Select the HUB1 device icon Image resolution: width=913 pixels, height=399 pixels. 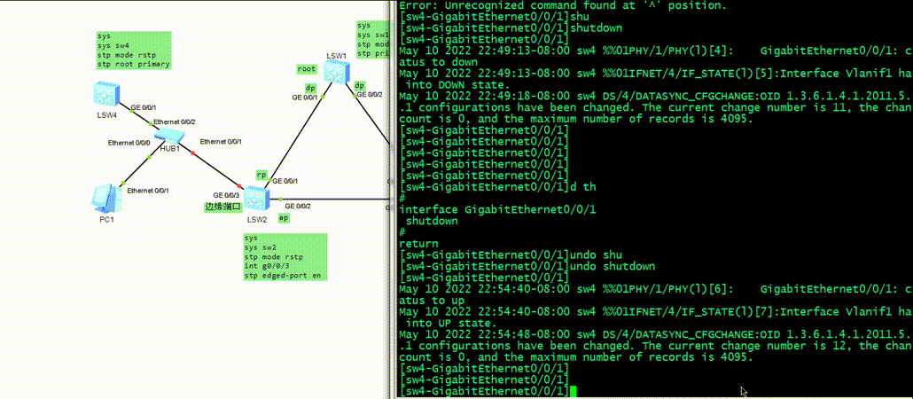pos(169,135)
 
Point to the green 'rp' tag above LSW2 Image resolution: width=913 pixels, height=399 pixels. pos(261,175)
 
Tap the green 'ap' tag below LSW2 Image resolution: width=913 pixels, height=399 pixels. pos(283,217)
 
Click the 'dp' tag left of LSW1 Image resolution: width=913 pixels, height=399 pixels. pos(310,88)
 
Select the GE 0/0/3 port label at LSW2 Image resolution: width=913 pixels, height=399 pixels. pos(226,195)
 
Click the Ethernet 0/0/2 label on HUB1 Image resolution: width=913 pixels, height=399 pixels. pos(175,121)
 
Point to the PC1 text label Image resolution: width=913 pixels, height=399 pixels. pos(106,218)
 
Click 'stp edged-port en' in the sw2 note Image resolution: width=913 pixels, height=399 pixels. pos(283,276)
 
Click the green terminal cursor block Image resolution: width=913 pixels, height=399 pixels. pos(574,391)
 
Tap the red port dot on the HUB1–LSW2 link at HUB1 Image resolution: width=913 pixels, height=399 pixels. pos(192,155)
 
